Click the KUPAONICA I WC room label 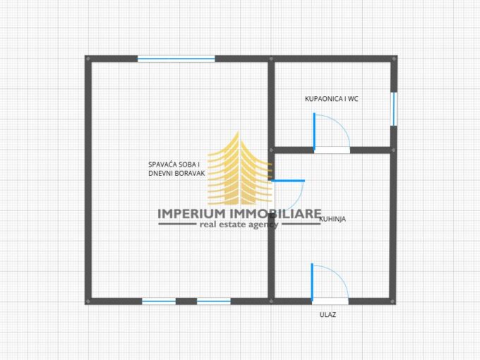pyautogui.click(x=332, y=99)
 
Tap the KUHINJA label pyautogui.click(x=332, y=220)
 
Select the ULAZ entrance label pyautogui.click(x=328, y=315)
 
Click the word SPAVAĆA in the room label pyautogui.click(x=162, y=164)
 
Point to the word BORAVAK pyautogui.click(x=190, y=173)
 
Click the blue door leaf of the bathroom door pyautogui.click(x=314, y=131)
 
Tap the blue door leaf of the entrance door pyautogui.click(x=312, y=282)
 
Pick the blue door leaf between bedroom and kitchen pyautogui.click(x=288, y=181)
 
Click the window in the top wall pyautogui.click(x=176, y=59)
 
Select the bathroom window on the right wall pyautogui.click(x=394, y=109)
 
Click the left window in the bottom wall pyautogui.click(x=159, y=301)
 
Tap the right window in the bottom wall pyautogui.click(x=214, y=301)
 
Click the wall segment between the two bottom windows pyautogui.click(x=186, y=301)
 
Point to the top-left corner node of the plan pyautogui.click(x=88, y=59)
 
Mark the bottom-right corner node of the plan pyautogui.click(x=393, y=301)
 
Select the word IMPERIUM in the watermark pyautogui.click(x=191, y=214)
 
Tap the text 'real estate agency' pyautogui.click(x=239, y=224)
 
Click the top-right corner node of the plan pyautogui.click(x=395, y=59)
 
